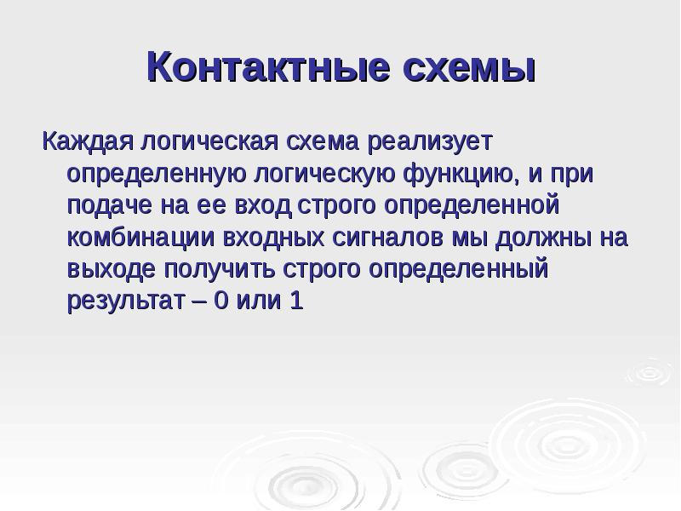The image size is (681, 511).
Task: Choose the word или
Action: point(260,302)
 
